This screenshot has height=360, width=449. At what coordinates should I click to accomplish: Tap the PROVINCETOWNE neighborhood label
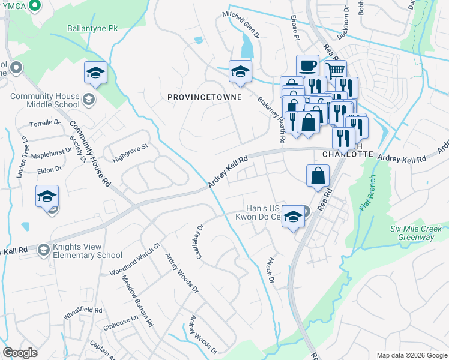click(x=204, y=97)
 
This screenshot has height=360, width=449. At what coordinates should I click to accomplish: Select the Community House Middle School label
click(x=45, y=100)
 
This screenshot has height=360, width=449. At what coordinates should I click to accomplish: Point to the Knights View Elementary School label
click(x=87, y=251)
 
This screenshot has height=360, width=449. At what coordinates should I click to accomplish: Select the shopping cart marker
click(x=336, y=71)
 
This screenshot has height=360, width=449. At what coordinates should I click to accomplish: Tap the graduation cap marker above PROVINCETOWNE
click(x=240, y=72)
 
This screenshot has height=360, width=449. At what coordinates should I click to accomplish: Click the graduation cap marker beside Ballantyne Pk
click(x=95, y=73)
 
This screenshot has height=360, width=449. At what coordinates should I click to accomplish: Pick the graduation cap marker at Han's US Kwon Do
click(x=293, y=217)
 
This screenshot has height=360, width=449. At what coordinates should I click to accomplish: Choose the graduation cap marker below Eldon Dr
click(x=47, y=196)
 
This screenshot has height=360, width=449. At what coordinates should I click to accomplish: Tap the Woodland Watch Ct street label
click(x=136, y=259)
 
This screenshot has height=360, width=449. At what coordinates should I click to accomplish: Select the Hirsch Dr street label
click(x=270, y=272)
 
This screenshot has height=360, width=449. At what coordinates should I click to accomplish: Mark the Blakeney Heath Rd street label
click(x=271, y=120)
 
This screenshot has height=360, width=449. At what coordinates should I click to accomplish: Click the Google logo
click(x=20, y=353)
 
